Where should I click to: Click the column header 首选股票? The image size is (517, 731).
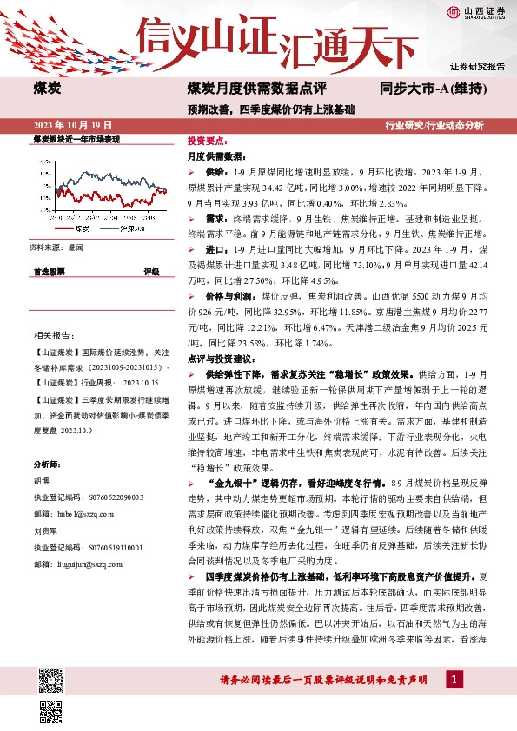(x=52, y=272)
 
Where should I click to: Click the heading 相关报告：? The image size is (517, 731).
(x=53, y=335)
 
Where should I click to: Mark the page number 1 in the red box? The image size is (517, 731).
(x=454, y=701)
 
